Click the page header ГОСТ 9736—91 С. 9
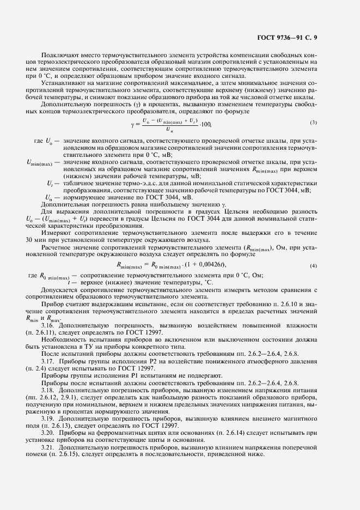click(x=291, y=38)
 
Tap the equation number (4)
click(x=313, y=265)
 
